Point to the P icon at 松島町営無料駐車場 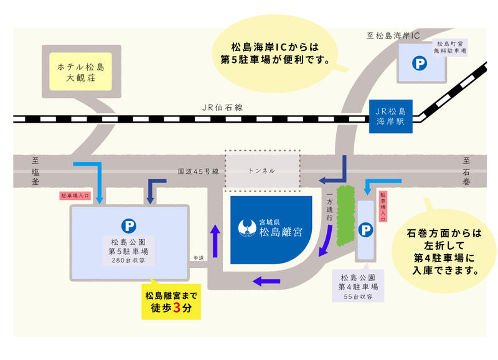pos(421,63)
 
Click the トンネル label pos(261,170)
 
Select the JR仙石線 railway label pos(222,107)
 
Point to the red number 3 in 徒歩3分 pos(179,307)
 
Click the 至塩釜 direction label pos(35,170)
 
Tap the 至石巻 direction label pos(466,170)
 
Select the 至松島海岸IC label pos(393,36)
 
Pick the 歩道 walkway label pos(199,257)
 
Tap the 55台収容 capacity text pos(359,296)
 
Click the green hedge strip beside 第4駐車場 pos(344,215)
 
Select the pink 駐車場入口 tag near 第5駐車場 pos(75,195)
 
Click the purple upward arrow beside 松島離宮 pos(215,240)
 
